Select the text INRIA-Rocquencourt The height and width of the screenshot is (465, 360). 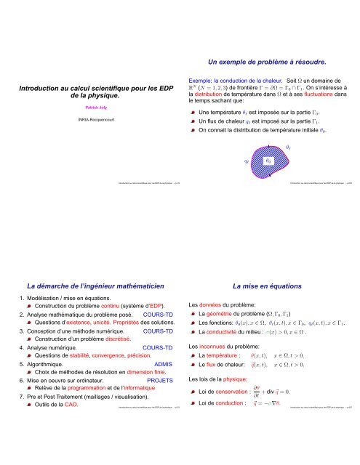(90, 118)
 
